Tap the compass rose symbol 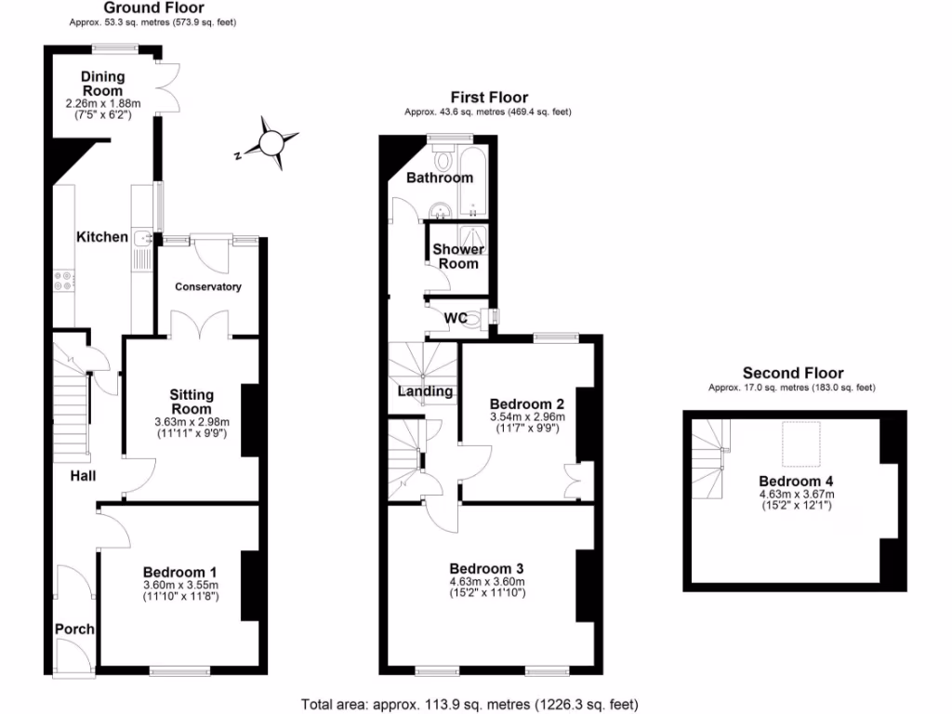271,142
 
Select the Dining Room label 102,84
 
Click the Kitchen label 102,237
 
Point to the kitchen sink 143,242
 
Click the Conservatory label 208,287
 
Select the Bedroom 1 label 180,572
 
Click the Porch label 74,629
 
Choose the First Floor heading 489,97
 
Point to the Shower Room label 458,257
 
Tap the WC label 456,318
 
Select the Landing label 425,391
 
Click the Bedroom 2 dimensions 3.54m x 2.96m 527,417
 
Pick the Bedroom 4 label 796,481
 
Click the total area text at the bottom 469,705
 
